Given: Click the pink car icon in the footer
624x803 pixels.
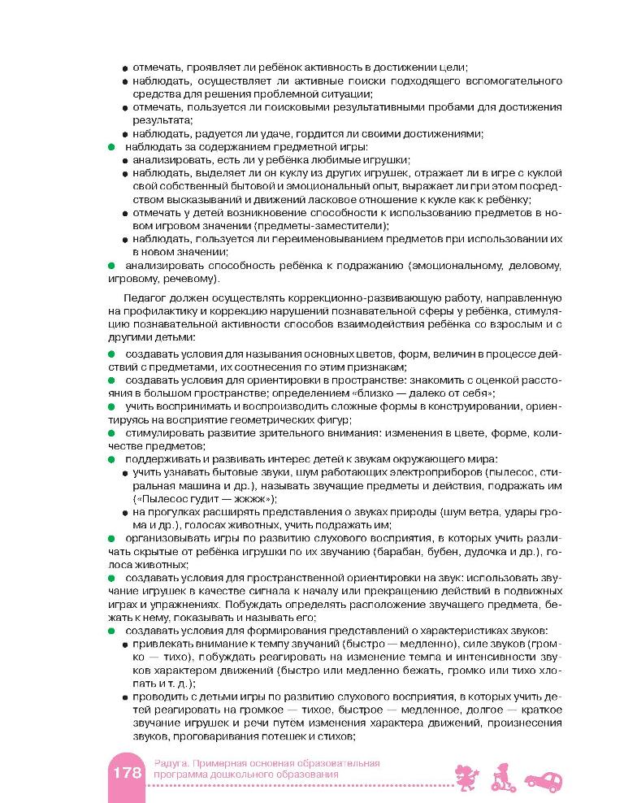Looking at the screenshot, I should [x=543, y=781].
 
